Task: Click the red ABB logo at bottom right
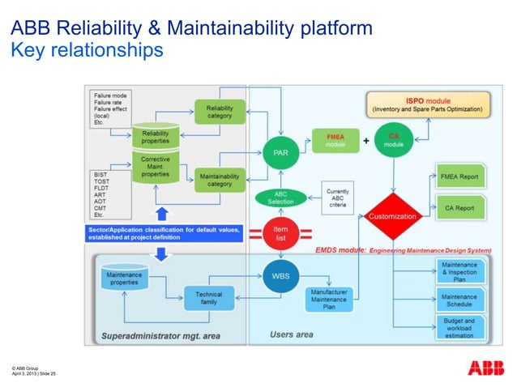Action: pyautogui.click(x=485, y=368)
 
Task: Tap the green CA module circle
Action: pyautogui.click(x=395, y=140)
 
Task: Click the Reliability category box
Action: pyautogui.click(x=219, y=112)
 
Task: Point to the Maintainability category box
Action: pyautogui.click(x=219, y=178)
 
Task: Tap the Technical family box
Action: pyautogui.click(x=208, y=298)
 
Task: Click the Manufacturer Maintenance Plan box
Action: pyautogui.click(x=329, y=299)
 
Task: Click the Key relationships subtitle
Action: pyautogui.click(x=87, y=50)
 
